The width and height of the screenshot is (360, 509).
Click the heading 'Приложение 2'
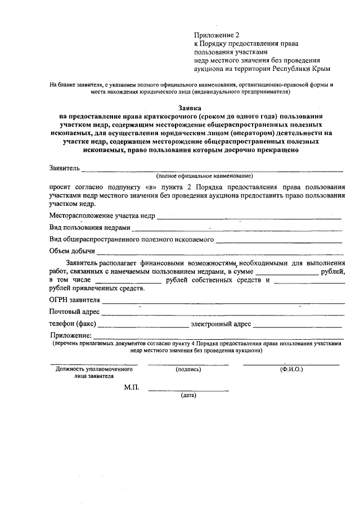click(217, 35)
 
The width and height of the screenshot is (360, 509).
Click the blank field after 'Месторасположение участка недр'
click(249, 217)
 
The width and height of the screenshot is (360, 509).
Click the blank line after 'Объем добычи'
click(220, 252)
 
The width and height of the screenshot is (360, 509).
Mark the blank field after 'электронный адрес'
click(297, 325)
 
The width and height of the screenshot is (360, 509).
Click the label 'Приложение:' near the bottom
click(71, 336)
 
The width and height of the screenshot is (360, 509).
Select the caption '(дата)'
click(188, 395)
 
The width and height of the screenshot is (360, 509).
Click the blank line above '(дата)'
click(188, 390)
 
